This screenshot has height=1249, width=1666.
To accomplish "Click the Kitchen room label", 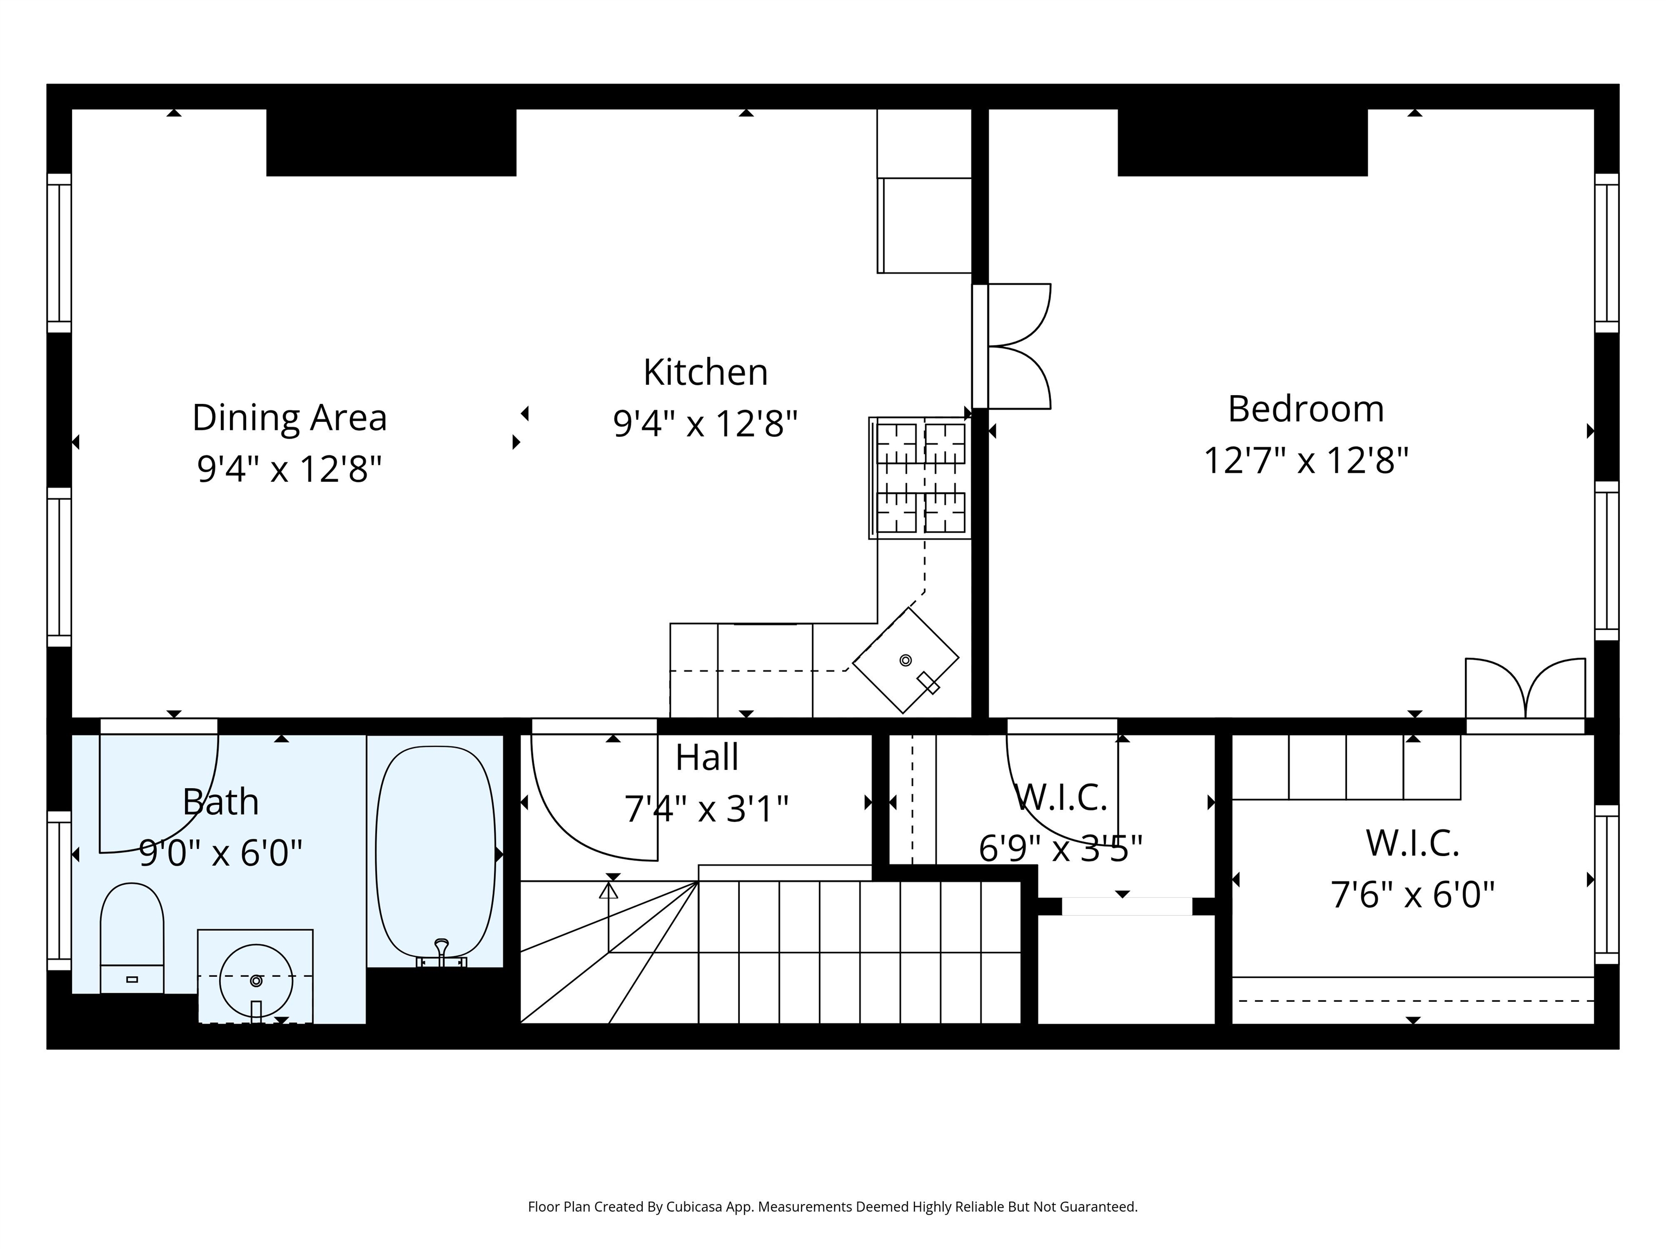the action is coord(706,372).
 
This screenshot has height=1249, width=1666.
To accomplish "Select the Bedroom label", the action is coord(1306,409).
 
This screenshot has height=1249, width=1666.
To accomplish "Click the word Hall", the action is coord(707,757).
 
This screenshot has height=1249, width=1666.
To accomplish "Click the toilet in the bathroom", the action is coord(132,938).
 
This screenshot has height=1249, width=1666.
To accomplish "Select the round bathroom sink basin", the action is coord(256,981).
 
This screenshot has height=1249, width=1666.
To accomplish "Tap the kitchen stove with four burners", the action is coord(920,478).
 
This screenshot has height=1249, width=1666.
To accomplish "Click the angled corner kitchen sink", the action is coord(905,661).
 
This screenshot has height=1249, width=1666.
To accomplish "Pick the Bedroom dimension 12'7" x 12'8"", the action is coord(1306,461).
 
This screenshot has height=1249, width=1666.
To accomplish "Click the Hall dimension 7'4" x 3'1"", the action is coord(707,809).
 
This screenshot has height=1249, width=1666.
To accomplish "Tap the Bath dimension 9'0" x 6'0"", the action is coord(221,854).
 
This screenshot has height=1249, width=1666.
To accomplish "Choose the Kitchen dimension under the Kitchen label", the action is coord(706,424).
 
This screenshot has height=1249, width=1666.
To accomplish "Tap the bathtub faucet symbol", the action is coord(442,951).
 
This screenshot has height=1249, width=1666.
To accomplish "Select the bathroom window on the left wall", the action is coord(60,891).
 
